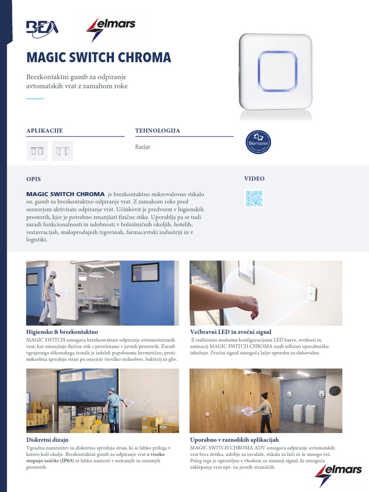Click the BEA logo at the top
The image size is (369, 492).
pyautogui.click(x=42, y=27)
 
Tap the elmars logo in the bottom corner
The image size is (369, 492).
pyautogui.click(x=338, y=469)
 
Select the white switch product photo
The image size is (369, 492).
pyautogui.click(x=276, y=72)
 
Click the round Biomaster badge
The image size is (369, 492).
pyautogui.click(x=258, y=142)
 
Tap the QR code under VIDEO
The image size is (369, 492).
pyautogui.click(x=254, y=198)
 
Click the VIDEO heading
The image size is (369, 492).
pyautogui.click(x=254, y=179)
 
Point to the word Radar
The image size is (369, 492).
pyautogui.click(x=143, y=147)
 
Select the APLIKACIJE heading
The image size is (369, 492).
pyautogui.click(x=44, y=131)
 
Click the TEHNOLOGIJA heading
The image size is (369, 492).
pyautogui.click(x=158, y=131)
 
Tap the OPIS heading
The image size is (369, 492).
pyautogui.click(x=34, y=179)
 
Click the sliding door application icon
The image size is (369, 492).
pyautogui.click(x=37, y=151)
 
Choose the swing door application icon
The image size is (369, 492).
pyautogui.click(x=62, y=151)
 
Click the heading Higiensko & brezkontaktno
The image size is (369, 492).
pyautogui.click(x=62, y=332)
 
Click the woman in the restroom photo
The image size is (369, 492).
pyautogui.click(x=265, y=411)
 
